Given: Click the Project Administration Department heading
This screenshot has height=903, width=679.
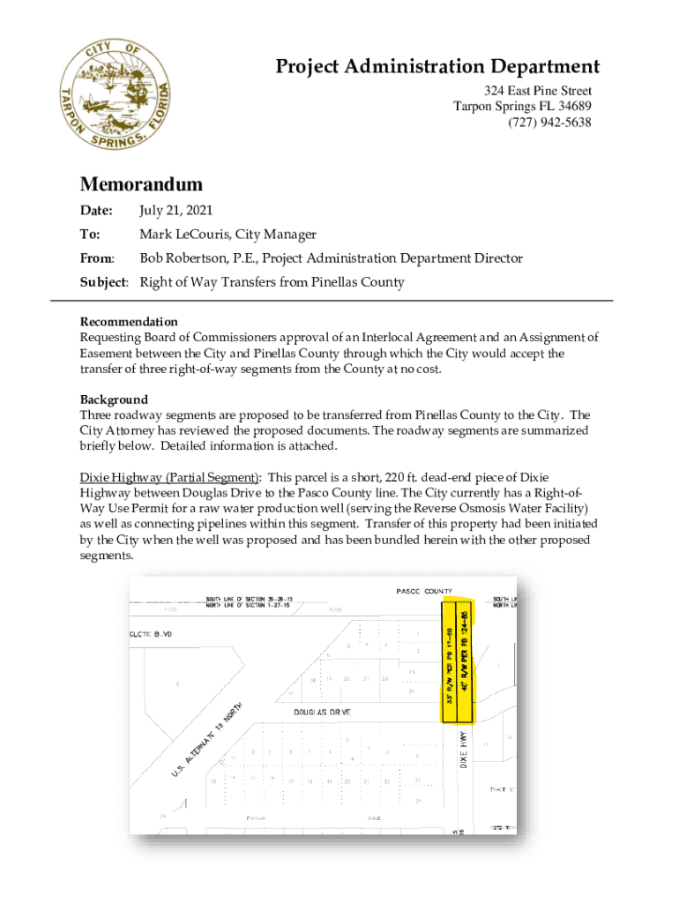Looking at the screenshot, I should click(437, 67).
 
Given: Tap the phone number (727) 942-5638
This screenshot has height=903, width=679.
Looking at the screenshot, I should click(549, 123).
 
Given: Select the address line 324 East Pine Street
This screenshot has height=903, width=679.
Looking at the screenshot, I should click(537, 91).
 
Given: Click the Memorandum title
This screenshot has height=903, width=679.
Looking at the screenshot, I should click(141, 184).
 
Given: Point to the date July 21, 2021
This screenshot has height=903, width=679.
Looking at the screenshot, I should click(175, 211).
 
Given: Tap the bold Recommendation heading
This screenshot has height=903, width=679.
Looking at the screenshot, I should click(129, 322).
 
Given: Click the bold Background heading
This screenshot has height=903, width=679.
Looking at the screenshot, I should click(114, 399).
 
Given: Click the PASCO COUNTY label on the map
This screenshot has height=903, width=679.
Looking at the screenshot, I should click(423, 592).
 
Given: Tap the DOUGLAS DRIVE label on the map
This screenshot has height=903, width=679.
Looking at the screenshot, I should click(323, 711).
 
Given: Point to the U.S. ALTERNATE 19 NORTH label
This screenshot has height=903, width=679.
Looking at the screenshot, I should click(208, 742).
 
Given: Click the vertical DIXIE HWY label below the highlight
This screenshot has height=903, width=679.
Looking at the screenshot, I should click(463, 750).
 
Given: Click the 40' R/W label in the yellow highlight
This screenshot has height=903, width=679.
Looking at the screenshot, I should click(464, 652).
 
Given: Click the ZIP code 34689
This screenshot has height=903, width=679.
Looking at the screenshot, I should click(572, 107).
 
